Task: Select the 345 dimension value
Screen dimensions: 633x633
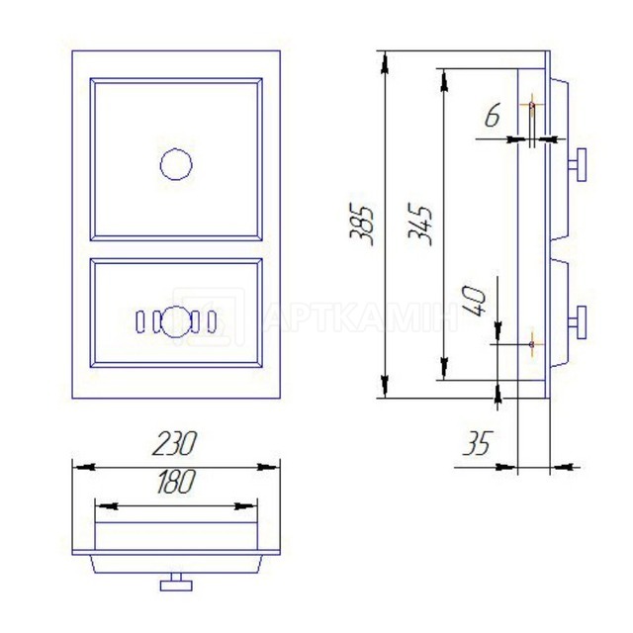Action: click(420, 225)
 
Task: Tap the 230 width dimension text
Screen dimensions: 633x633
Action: click(174, 443)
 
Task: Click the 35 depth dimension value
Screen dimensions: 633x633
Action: click(479, 443)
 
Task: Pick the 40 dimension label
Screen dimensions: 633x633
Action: click(475, 302)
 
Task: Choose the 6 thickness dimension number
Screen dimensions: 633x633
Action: click(493, 115)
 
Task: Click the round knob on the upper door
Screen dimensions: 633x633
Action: click(176, 164)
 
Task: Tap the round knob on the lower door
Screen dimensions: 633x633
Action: click(176, 322)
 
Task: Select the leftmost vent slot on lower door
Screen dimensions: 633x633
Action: click(139, 322)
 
